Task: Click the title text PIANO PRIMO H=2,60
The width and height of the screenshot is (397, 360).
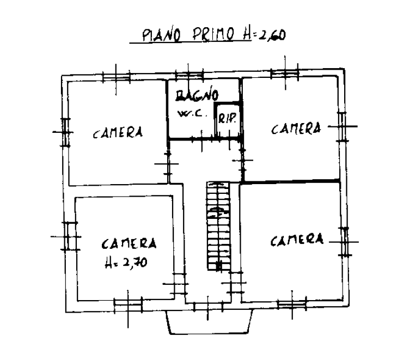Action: [214, 35]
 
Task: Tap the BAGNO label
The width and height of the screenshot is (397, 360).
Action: [197, 95]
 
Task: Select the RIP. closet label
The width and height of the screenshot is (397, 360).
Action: [228, 118]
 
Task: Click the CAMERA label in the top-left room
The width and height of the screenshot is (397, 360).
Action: [118, 132]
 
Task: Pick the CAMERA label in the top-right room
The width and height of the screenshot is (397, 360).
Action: [296, 129]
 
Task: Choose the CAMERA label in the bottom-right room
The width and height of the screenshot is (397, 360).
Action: [297, 240]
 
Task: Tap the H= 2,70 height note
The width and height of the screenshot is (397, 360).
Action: [126, 263]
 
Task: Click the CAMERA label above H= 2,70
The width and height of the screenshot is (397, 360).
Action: [129, 243]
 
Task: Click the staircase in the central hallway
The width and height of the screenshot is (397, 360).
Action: [218, 226]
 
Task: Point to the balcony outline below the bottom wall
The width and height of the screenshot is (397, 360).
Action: [209, 322]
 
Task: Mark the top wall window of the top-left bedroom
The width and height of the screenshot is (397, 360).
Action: [117, 77]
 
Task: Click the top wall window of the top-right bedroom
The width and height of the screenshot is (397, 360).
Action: [285, 74]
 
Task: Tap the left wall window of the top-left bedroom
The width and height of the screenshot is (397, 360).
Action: [65, 132]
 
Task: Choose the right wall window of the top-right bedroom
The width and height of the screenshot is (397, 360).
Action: [343, 126]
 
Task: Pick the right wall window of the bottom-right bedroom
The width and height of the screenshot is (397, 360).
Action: [344, 242]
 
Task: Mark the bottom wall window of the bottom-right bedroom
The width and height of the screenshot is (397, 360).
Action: [292, 304]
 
